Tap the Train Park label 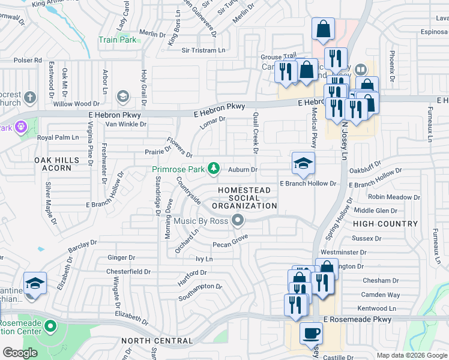tap(117, 40)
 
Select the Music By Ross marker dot tap(238, 221)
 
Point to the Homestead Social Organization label tap(244, 198)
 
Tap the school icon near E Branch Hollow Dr tap(303, 163)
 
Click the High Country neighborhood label tap(385, 224)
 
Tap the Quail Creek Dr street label tap(256, 132)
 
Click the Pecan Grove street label tap(231, 244)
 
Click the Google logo tap(20, 353)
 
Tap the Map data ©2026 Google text tap(412, 355)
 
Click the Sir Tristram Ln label tap(207, 50)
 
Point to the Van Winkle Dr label tap(126, 124)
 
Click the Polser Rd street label tap(28, 60)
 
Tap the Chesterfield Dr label tap(128, 271)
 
